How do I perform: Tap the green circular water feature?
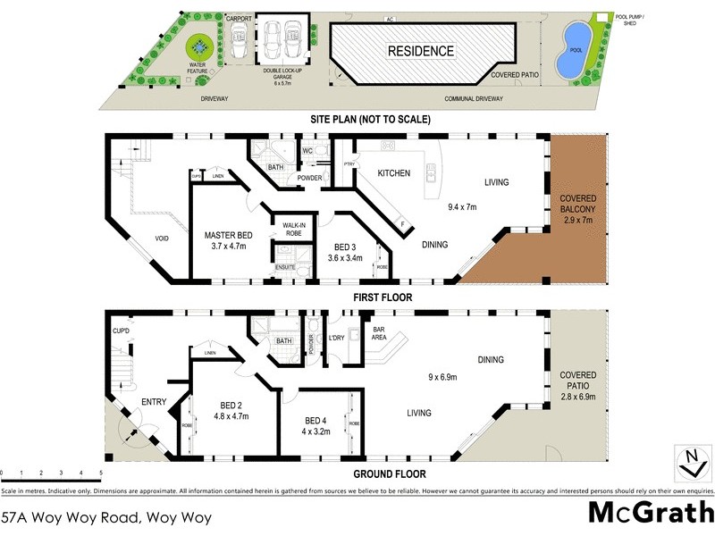click(198, 46)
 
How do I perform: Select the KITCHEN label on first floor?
click(393, 172)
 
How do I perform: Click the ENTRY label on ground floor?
click(154, 403)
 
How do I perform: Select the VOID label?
click(162, 239)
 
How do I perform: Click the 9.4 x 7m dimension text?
click(463, 207)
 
